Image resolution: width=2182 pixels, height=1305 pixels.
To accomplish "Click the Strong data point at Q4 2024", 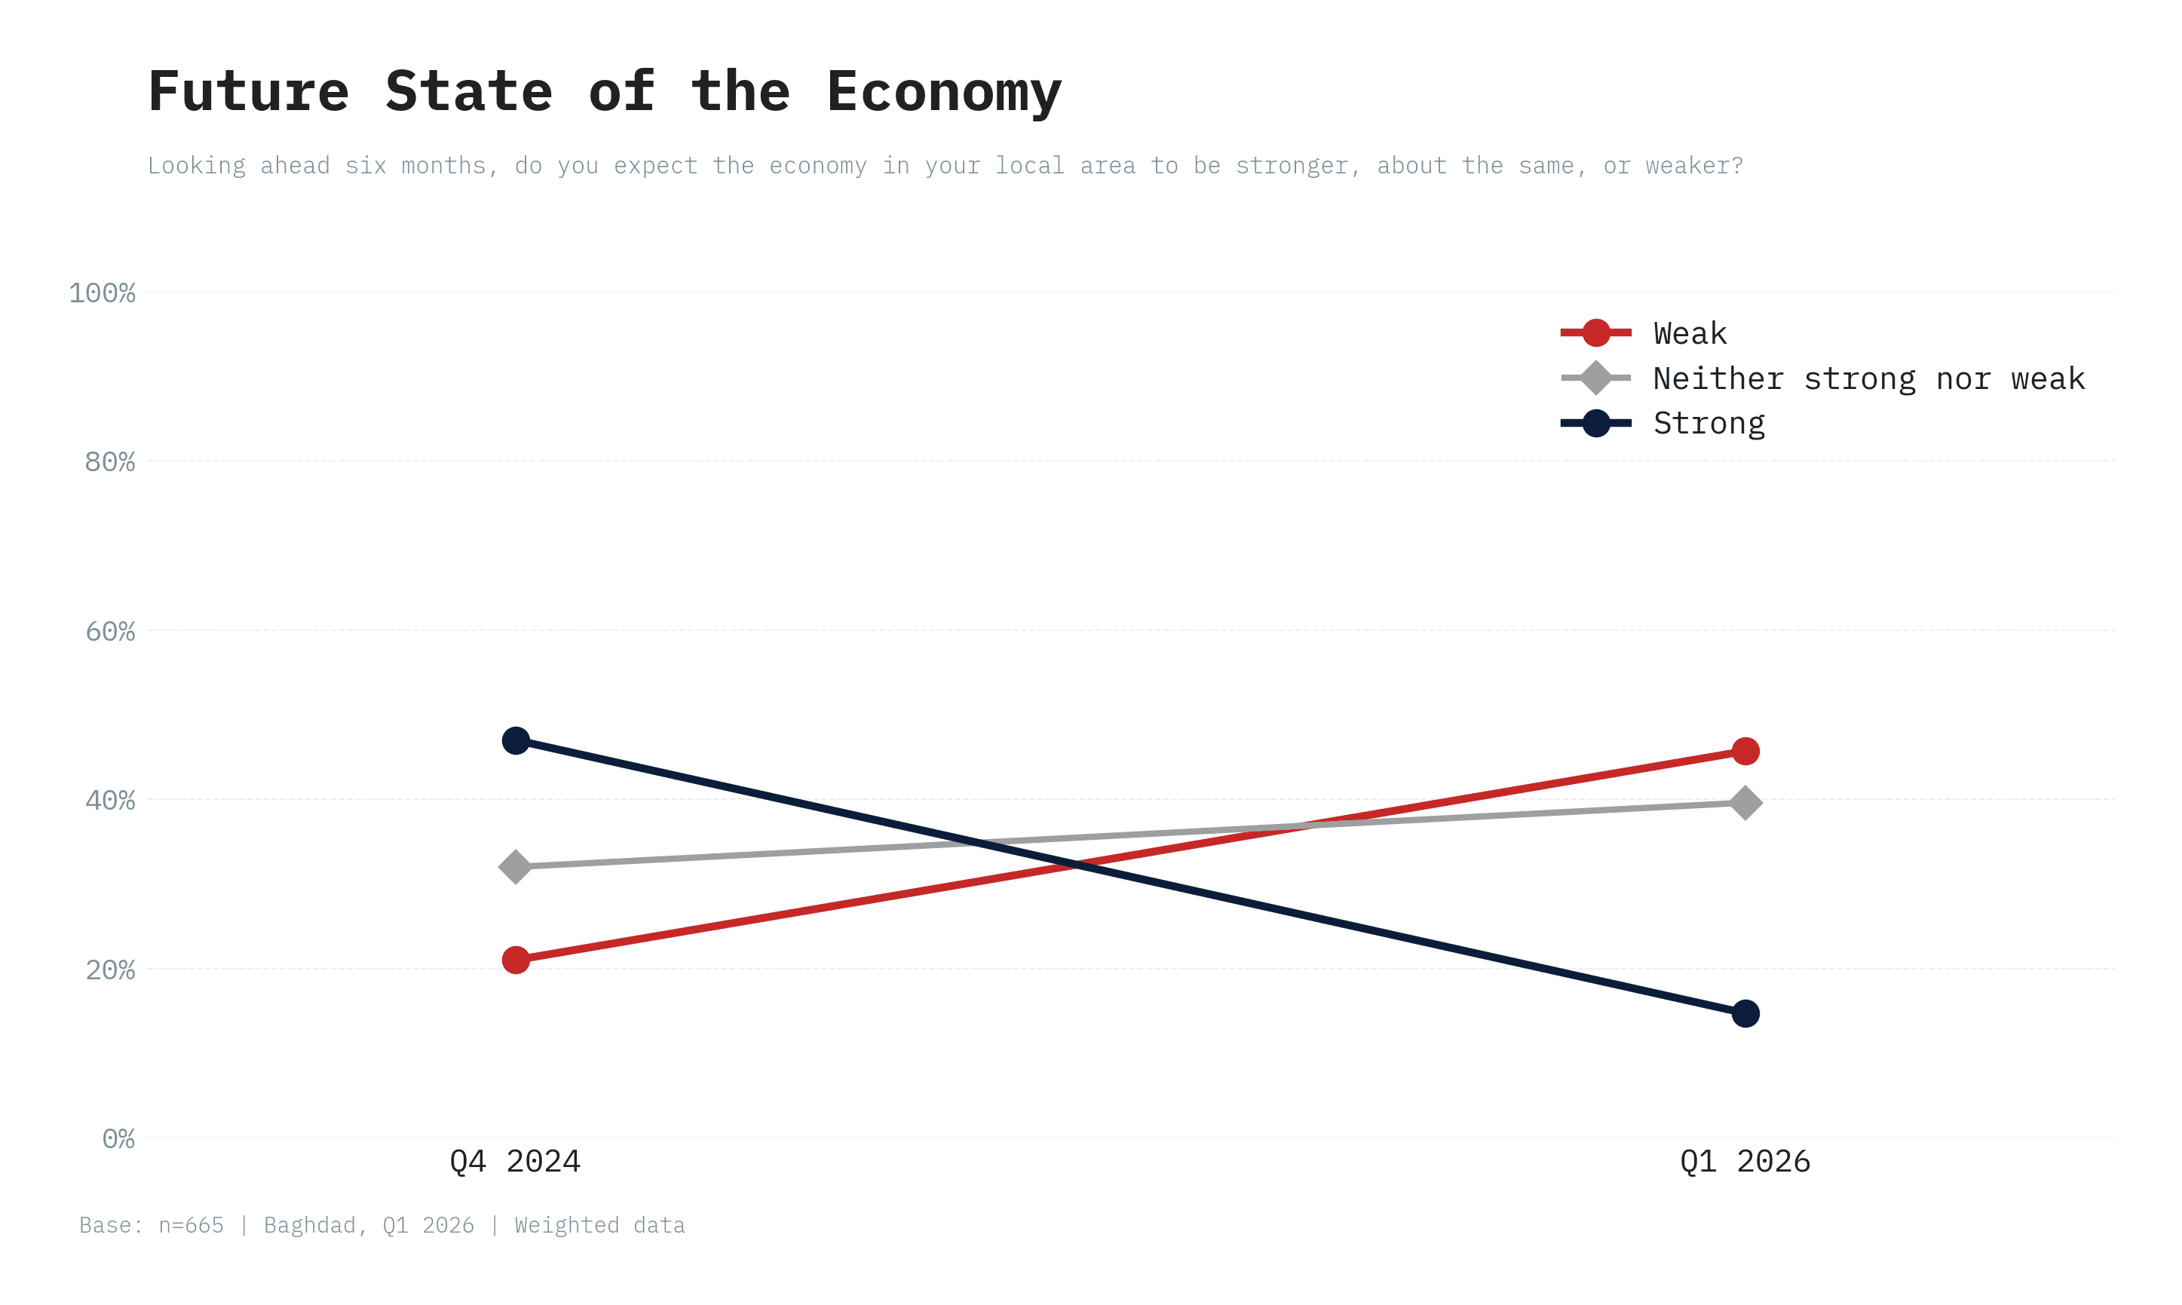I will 516,740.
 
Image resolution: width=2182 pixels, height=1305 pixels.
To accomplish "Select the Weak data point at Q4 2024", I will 516,960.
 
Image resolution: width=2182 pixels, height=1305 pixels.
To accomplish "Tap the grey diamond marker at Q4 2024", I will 516,867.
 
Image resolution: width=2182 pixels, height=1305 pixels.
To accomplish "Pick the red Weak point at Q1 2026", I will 1745,751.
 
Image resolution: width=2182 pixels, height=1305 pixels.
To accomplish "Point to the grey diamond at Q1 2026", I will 1745,803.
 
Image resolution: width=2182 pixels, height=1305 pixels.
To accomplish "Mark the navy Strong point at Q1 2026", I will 1745,1013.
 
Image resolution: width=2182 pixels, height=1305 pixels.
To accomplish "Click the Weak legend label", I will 1690,333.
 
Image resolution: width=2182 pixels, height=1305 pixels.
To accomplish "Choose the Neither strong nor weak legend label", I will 1868,378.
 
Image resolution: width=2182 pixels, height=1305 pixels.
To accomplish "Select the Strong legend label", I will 1708,423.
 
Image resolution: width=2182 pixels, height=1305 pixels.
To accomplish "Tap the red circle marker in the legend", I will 1595,332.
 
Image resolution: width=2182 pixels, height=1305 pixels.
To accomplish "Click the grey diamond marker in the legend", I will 1595,378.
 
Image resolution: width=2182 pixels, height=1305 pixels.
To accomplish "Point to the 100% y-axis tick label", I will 102,293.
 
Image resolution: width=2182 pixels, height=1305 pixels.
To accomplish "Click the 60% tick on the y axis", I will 110,632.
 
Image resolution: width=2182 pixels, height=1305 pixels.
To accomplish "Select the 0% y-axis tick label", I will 118,1139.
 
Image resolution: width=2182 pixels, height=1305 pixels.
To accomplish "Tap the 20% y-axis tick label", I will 110,970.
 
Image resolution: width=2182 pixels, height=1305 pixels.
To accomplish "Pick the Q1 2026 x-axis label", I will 1745,1162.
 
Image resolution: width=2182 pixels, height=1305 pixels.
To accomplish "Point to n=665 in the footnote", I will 191,1225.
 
